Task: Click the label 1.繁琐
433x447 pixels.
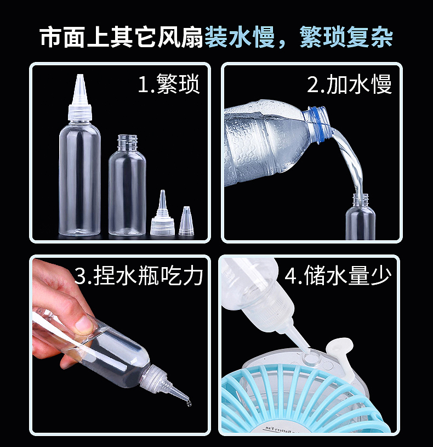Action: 168,85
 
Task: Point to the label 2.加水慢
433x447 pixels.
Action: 349,85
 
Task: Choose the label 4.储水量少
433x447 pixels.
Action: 338,275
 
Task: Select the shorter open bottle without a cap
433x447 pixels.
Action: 127,186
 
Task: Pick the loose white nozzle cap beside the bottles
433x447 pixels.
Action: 162,217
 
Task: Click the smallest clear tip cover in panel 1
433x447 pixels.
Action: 186,223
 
